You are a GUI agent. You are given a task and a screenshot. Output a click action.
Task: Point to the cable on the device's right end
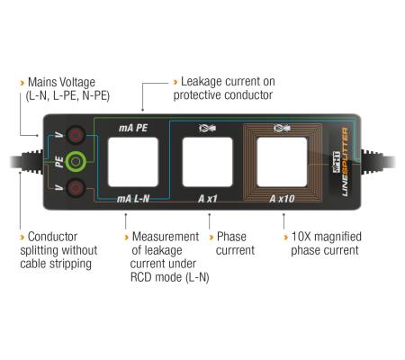click(382, 163)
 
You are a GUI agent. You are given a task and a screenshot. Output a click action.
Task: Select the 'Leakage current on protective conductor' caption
click(226, 86)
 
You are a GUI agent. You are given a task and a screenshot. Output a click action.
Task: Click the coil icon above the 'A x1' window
click(206, 129)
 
